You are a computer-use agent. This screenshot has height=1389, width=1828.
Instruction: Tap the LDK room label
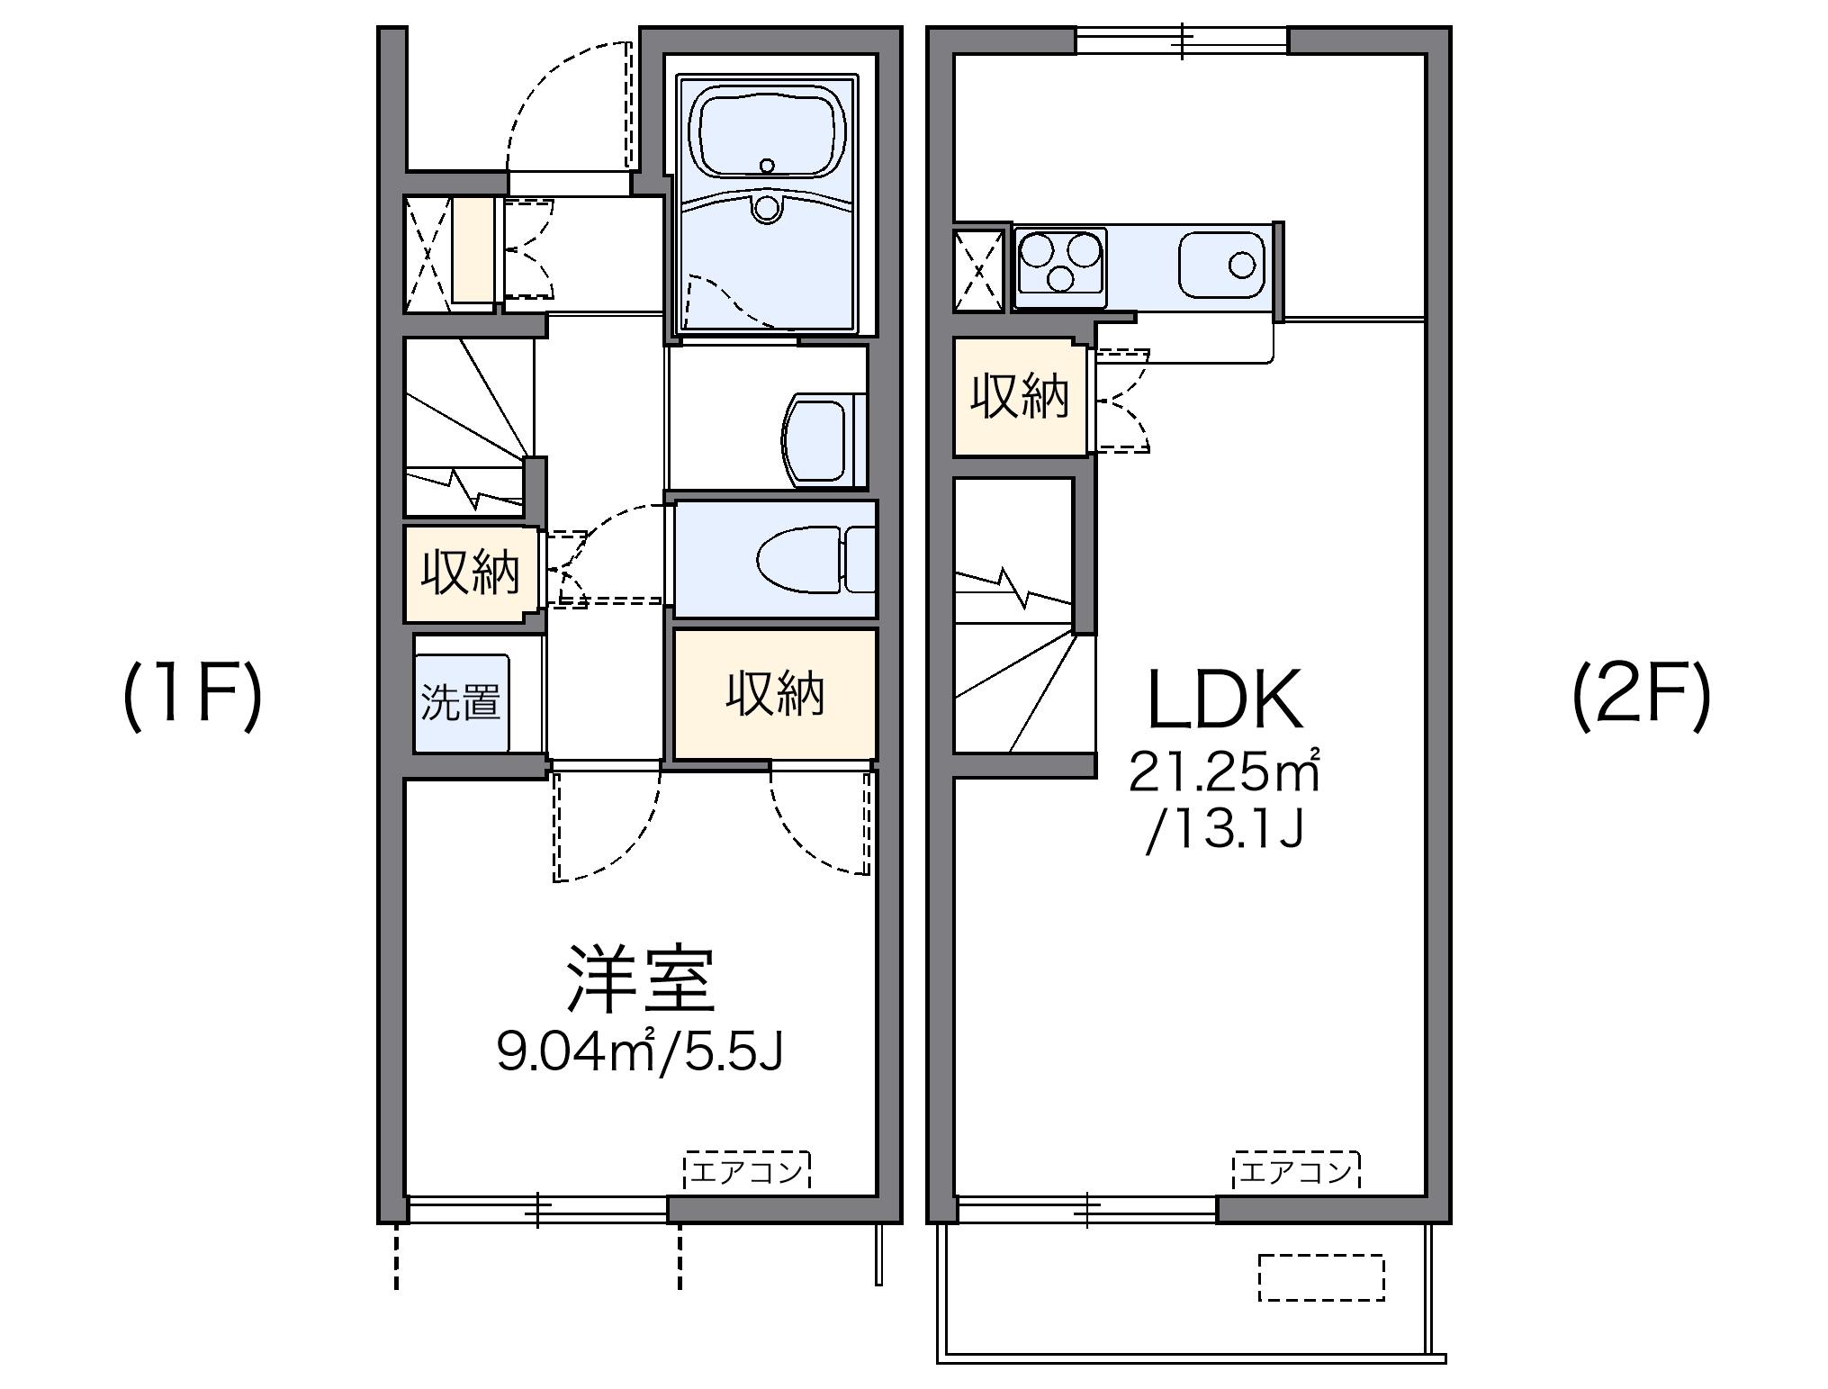click(x=1225, y=700)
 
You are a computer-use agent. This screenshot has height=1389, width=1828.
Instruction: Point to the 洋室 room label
click(x=640, y=979)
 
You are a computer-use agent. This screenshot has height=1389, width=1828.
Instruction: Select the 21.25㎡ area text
click(x=1225, y=772)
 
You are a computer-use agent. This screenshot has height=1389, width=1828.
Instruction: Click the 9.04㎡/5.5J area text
click(x=640, y=1051)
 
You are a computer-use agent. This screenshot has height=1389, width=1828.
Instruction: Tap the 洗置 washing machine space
click(x=462, y=702)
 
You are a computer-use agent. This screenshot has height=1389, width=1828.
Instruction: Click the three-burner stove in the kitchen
click(x=1059, y=261)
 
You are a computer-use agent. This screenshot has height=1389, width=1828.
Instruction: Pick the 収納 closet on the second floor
click(x=1020, y=396)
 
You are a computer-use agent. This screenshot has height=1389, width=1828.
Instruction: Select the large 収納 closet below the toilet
click(x=775, y=694)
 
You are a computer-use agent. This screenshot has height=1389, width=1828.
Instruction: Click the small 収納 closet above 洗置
click(x=471, y=573)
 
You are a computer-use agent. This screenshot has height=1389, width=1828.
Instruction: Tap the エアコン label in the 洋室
click(x=748, y=1171)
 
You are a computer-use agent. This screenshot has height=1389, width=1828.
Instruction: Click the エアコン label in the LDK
click(x=1296, y=1171)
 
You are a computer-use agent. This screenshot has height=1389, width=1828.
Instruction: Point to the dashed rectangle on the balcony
click(x=1320, y=1277)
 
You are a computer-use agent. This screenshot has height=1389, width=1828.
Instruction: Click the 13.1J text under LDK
click(x=1225, y=834)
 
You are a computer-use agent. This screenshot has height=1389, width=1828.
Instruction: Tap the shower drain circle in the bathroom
click(x=767, y=208)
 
